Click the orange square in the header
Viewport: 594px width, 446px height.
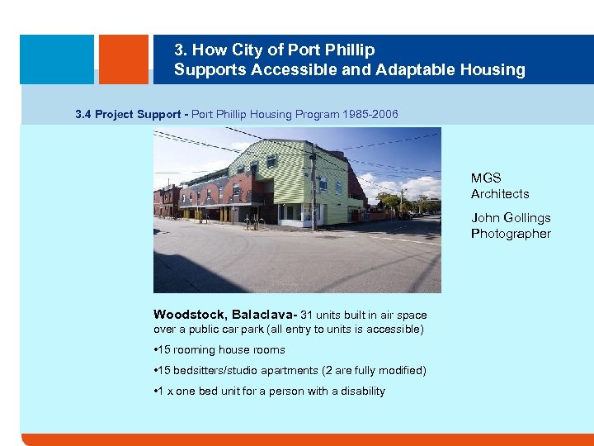123,59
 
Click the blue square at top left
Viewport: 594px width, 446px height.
56,59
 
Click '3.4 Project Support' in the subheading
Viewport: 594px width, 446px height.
128,114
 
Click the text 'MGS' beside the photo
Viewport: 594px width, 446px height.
486,178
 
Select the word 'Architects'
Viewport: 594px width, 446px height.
500,194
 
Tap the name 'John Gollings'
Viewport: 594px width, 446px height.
511,218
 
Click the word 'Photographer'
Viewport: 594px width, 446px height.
511,234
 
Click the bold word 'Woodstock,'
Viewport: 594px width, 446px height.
191,315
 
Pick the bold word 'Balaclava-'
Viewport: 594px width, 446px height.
265,315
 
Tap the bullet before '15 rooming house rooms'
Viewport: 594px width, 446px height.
156,350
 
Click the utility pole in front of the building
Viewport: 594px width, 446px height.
313,190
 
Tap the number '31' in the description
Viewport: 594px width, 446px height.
307,315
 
